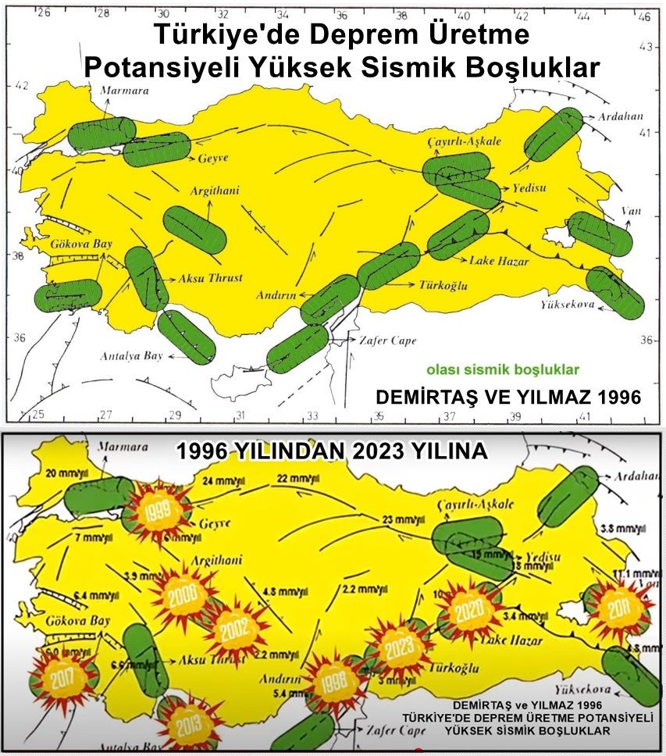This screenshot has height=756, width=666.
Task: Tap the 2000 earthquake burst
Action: click(187, 597)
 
